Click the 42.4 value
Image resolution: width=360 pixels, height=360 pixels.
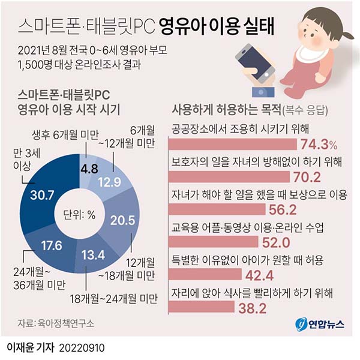click(259, 275)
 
